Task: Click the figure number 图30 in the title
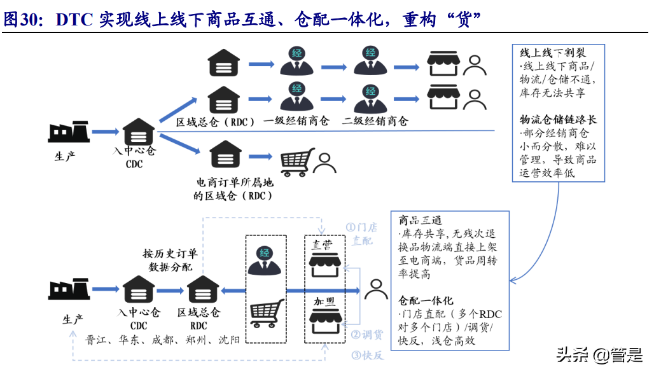coord(22,20)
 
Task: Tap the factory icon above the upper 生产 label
coord(66,132)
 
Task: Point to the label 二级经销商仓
coord(375,121)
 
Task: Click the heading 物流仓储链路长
coord(558,120)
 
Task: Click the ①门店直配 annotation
coord(361,233)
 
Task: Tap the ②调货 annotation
coord(366,335)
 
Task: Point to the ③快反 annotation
coord(366,355)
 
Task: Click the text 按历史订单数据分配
coord(170,260)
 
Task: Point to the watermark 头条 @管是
coord(599,354)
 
